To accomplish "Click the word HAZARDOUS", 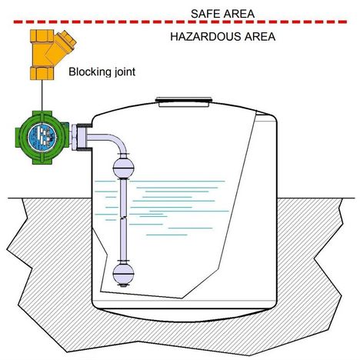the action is (x=205, y=37).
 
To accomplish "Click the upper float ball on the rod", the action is (x=124, y=168).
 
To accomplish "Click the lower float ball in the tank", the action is (x=123, y=274).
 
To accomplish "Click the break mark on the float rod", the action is (x=123, y=218).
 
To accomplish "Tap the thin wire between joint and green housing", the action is (x=42, y=95).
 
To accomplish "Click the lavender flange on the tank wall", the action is (x=79, y=138).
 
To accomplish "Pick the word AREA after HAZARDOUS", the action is (x=260, y=37).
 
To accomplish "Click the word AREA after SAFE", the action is (x=240, y=14).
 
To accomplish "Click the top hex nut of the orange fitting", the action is (x=42, y=35).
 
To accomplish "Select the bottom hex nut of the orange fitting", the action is (x=42, y=73).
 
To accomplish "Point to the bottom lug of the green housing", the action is (x=42, y=159).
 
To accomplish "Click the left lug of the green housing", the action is (x=19, y=138).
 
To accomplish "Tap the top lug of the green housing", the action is (x=42, y=115).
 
